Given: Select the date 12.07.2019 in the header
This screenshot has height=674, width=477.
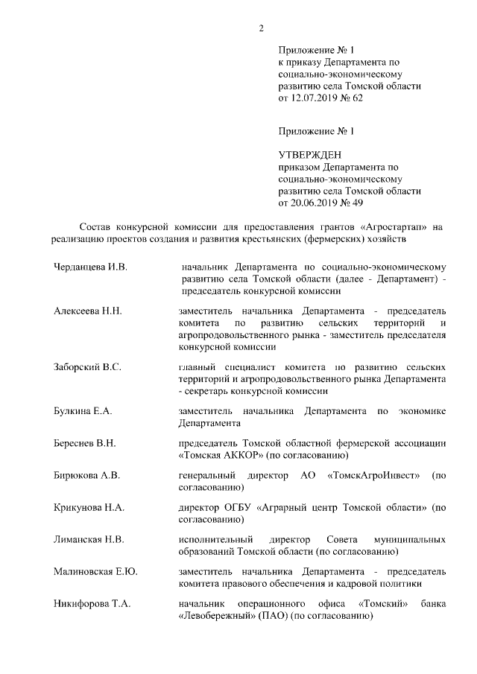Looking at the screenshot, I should [312, 98].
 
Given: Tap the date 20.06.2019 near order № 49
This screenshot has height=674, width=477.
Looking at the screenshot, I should [312, 201].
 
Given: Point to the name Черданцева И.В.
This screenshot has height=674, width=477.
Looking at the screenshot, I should [91, 266].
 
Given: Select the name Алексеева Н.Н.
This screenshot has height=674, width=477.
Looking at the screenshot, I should [87, 311].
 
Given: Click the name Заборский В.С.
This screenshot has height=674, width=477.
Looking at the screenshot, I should [87, 367].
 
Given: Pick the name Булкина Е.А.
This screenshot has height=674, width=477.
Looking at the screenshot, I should [83, 411].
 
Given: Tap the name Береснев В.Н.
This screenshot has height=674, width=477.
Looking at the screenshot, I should [84, 443].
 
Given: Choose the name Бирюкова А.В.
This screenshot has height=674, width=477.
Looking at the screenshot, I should [86, 475].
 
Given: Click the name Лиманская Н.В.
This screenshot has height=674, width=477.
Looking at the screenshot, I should [89, 539].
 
